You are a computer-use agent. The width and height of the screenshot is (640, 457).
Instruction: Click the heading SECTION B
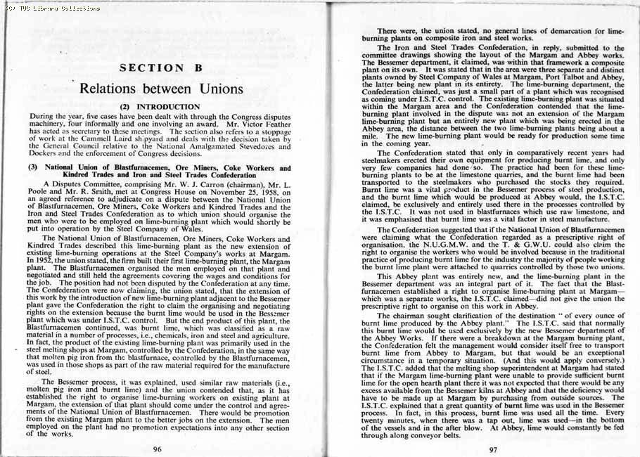click(161, 68)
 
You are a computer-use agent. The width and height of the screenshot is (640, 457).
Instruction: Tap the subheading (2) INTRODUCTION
click(161, 107)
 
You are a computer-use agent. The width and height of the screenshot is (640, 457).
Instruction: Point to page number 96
click(159, 447)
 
